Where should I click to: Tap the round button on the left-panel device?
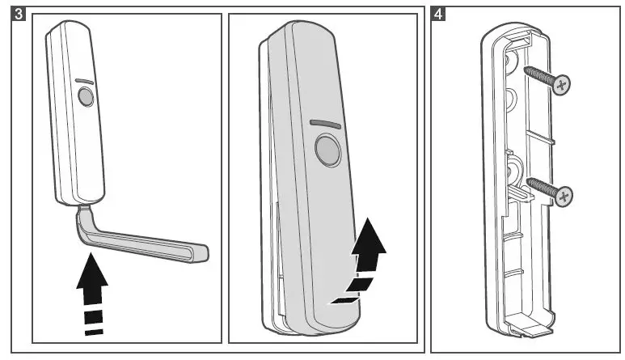point(84,98)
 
